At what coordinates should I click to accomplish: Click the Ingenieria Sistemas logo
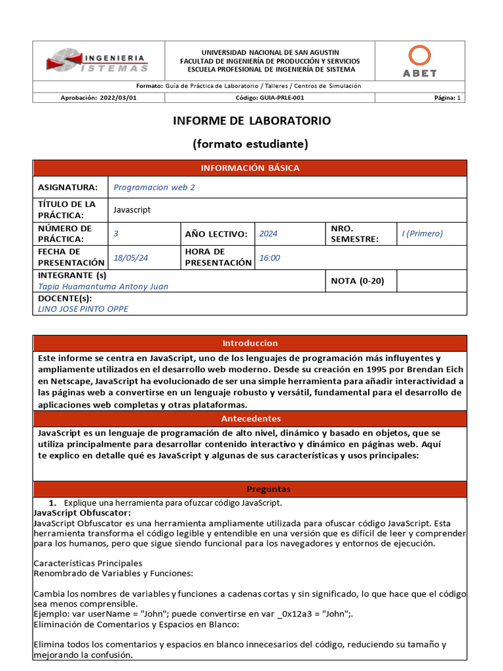(x=97, y=60)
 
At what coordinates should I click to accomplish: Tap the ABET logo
(x=419, y=61)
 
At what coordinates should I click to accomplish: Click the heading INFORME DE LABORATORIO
(x=251, y=121)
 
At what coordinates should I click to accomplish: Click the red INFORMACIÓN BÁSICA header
(x=250, y=168)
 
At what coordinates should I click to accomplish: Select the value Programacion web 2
(x=154, y=187)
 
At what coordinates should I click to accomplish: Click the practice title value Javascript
(x=132, y=210)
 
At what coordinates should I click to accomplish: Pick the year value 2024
(x=268, y=234)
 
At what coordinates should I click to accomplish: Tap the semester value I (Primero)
(x=422, y=233)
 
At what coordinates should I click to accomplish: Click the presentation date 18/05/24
(x=131, y=258)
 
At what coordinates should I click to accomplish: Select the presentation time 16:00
(x=269, y=258)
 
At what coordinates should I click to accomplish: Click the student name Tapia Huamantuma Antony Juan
(x=103, y=286)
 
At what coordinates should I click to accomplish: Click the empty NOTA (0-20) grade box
(x=431, y=281)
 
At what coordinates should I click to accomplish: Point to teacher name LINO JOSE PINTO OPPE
(x=83, y=309)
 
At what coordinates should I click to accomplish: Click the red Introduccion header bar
(x=250, y=343)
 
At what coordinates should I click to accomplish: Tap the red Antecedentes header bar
(x=250, y=419)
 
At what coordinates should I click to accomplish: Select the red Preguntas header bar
(x=250, y=489)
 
